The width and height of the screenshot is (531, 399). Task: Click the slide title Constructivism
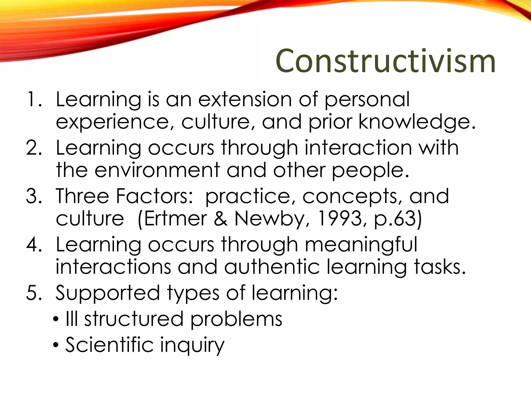[x=385, y=61]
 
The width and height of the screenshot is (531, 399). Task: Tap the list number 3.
[x=34, y=196]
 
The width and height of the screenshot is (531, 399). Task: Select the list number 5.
[x=34, y=293]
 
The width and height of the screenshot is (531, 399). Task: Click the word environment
[x=157, y=170]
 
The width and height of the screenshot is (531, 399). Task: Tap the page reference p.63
[x=395, y=219]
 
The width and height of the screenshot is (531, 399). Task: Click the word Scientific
[x=109, y=345]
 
